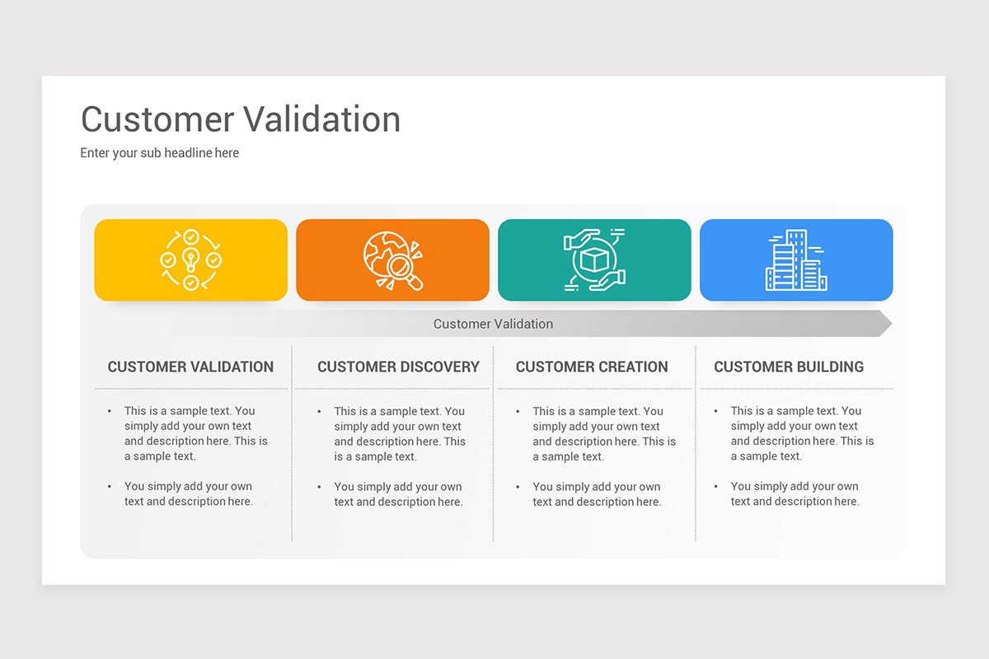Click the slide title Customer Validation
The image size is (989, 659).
click(x=241, y=119)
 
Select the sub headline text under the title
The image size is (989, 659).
click(x=159, y=153)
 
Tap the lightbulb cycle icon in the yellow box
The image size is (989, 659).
click(x=190, y=260)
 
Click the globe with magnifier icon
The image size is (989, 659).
click(x=392, y=260)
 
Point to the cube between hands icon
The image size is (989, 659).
click(x=594, y=260)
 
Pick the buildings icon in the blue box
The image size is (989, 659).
click(x=796, y=260)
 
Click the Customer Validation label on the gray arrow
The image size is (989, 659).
click(x=493, y=324)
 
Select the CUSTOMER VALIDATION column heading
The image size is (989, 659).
click(x=190, y=367)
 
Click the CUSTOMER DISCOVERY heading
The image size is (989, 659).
click(x=398, y=367)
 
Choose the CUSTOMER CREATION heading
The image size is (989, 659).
click(x=592, y=367)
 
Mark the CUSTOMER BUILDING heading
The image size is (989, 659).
click(x=789, y=367)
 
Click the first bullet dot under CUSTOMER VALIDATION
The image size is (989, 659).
click(x=110, y=411)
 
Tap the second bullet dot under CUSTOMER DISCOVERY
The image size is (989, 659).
click(x=320, y=487)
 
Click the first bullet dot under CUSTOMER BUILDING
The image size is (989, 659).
click(x=716, y=411)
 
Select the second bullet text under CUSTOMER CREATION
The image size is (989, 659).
click(x=597, y=494)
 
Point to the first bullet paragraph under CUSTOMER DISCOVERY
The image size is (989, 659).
click(x=400, y=433)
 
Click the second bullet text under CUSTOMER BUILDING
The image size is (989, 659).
click(x=794, y=494)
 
